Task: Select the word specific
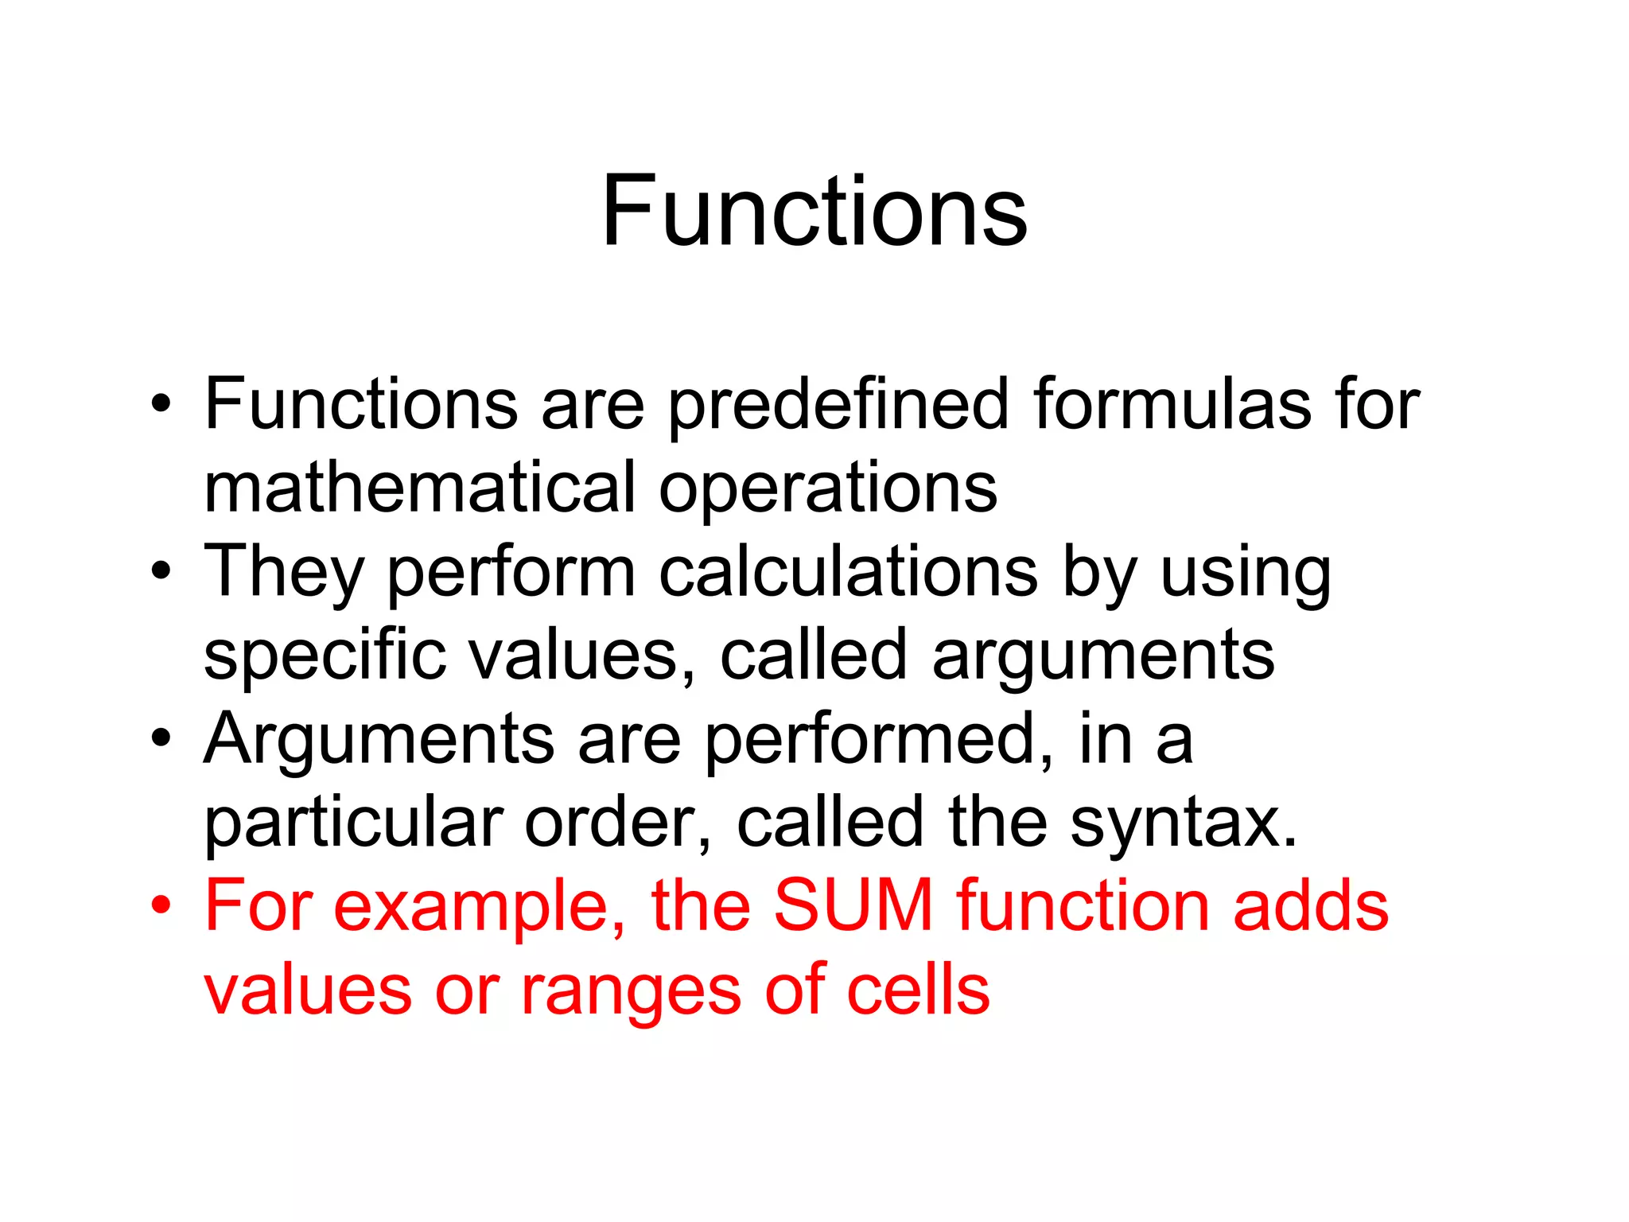pos(325,656)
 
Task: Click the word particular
pos(354,823)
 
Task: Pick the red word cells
pos(918,990)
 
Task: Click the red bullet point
pos(161,906)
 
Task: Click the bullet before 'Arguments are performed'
pos(161,739)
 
